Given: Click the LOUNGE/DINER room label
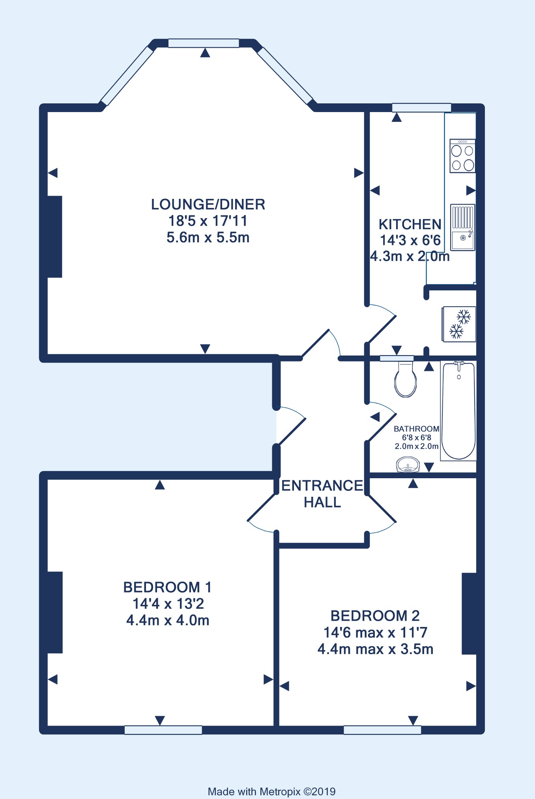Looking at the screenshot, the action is tap(208, 204).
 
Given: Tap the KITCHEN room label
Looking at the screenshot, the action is tap(410, 224).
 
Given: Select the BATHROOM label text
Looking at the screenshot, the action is tap(416, 429).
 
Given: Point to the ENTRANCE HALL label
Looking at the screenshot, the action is tap(322, 494).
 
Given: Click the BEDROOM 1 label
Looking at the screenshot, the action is tap(167, 587).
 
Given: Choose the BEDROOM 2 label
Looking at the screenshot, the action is tap(375, 616).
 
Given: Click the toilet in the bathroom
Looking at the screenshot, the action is tap(406, 379).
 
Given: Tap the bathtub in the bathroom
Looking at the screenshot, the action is tap(458, 411).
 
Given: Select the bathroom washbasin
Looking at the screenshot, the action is tap(408, 464).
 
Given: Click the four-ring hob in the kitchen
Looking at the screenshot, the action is tap(462, 156).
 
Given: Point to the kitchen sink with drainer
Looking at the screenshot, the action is tap(462, 227).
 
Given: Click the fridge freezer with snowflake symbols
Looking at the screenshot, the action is tap(459, 324).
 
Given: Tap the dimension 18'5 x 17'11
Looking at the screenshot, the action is tap(208, 221).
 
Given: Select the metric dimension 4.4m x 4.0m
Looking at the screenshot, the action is tap(168, 620).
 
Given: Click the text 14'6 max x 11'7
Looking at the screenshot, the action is tap(375, 632).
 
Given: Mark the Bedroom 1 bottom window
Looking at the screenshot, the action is tap(163, 730).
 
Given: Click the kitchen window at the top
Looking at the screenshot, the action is tap(421, 107).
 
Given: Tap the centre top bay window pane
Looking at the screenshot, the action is tap(204, 43).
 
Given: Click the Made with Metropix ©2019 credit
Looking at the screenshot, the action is tap(271, 792).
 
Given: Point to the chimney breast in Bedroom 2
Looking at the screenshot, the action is tap(469, 614).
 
